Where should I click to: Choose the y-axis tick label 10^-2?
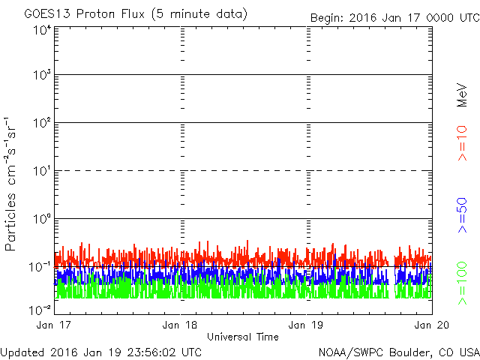tap(40, 309)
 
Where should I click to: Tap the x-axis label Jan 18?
tap(180, 325)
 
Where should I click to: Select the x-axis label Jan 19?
tap(306, 325)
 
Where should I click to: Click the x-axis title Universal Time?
tap(242, 337)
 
